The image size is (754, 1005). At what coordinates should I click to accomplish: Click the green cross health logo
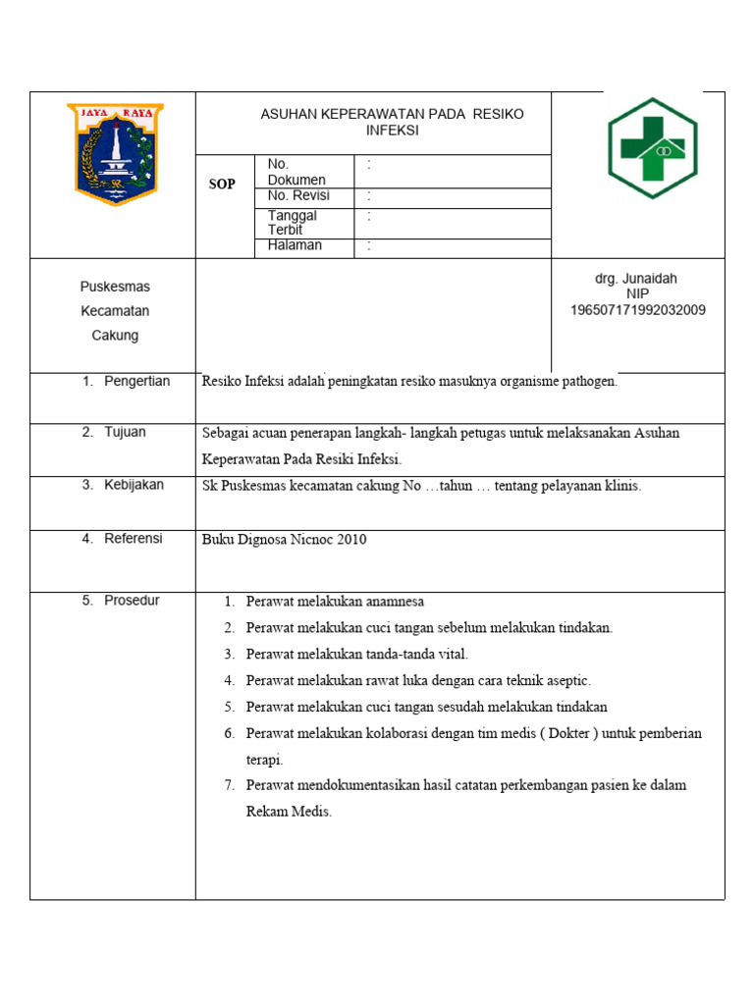(x=652, y=147)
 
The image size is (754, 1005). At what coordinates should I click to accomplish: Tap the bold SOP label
(x=222, y=185)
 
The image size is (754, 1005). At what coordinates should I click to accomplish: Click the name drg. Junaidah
(x=636, y=279)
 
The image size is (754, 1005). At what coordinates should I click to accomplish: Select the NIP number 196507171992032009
(x=637, y=310)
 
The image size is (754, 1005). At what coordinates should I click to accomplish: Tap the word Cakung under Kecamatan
(x=115, y=336)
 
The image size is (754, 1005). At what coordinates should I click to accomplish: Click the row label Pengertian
(x=136, y=381)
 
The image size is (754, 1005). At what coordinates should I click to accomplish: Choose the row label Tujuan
(x=125, y=432)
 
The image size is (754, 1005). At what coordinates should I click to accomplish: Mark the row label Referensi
(x=134, y=538)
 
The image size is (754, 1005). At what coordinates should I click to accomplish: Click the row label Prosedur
(x=132, y=600)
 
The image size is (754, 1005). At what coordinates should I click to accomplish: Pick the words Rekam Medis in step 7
(x=289, y=812)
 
